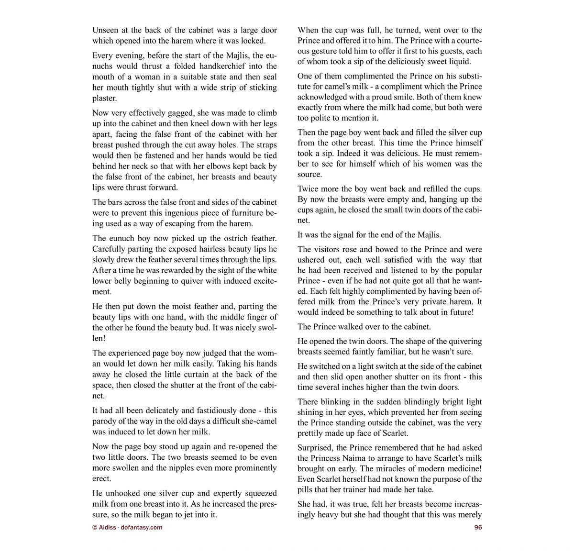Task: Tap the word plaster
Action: click(104, 98)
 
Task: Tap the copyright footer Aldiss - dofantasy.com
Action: click(127, 528)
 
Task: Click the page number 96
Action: click(478, 528)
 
